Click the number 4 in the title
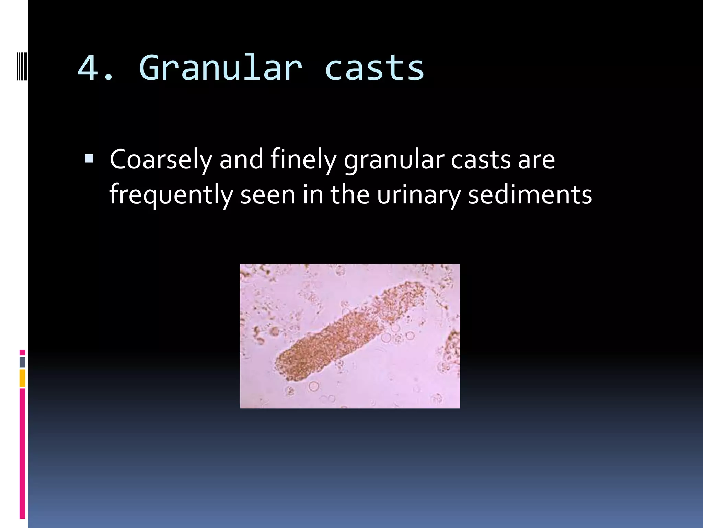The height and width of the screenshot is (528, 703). pyautogui.click(x=89, y=68)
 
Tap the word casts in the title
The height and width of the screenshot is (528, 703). pyautogui.click(x=374, y=68)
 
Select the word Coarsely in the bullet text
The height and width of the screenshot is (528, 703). pyautogui.click(x=161, y=160)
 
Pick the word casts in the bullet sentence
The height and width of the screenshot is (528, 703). pyautogui.click(x=481, y=160)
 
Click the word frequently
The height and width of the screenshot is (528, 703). pyautogui.click(x=171, y=195)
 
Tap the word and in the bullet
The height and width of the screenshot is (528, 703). pyautogui.click(x=241, y=160)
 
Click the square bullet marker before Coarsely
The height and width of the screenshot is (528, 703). pyautogui.click(x=89, y=158)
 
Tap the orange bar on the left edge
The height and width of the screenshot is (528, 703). pyautogui.click(x=22, y=378)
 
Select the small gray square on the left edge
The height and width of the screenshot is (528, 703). pyautogui.click(x=22, y=362)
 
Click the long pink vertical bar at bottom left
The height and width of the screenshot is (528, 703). pyautogui.click(x=22, y=454)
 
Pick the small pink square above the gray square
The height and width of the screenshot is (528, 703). pyautogui.click(x=22, y=353)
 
